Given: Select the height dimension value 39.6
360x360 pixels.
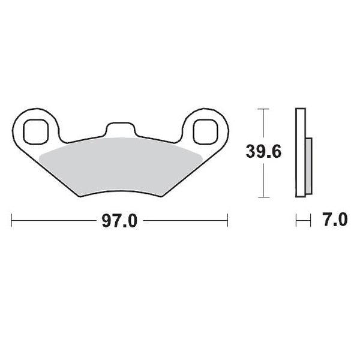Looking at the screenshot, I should point(262,152).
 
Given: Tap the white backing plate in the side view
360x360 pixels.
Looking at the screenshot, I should point(301,153).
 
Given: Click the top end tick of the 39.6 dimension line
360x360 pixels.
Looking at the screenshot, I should point(262,109).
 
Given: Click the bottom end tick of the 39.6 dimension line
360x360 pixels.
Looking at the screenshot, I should point(262,197).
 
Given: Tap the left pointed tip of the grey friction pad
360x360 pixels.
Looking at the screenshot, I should point(40,155).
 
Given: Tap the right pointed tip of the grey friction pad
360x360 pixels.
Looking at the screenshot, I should point(201,155).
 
